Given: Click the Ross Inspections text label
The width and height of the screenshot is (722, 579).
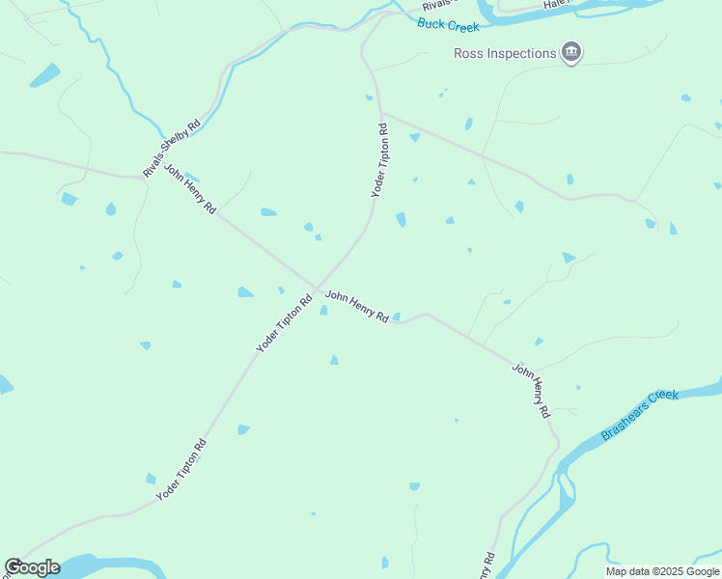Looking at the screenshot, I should point(505,53).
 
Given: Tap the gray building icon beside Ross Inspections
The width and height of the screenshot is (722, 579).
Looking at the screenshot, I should point(571,52).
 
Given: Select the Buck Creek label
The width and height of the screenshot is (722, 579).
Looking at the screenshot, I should point(449,25).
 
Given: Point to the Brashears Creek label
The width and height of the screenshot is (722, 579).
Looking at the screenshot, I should point(640,415).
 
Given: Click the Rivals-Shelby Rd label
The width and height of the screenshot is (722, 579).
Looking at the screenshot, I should point(172,148).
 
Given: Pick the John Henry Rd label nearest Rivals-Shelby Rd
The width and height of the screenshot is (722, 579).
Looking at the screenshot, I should point(190,188).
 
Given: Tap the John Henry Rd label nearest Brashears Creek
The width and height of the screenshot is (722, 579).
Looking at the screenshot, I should point(531,390).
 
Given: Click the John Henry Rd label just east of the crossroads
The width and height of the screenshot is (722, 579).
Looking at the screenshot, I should point(356,306).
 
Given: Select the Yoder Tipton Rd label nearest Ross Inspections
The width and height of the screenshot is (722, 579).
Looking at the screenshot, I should point(380,161).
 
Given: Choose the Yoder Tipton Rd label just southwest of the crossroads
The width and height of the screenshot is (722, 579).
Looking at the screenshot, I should point(284,322).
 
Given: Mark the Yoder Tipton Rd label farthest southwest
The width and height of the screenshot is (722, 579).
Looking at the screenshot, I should point(181,470).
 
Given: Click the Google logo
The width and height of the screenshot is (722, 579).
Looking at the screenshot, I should point(32,567).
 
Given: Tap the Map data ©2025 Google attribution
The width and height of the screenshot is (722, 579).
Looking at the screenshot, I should point(663,571).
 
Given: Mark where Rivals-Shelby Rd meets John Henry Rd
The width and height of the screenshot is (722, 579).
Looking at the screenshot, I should point(145,178).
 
